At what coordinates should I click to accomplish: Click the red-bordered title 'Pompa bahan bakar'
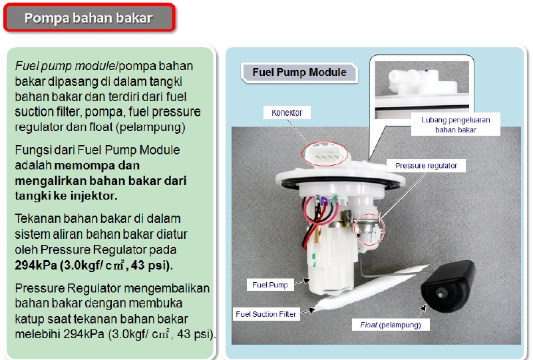(89, 18)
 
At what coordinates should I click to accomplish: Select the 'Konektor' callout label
(287, 113)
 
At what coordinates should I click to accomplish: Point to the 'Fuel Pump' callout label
(269, 285)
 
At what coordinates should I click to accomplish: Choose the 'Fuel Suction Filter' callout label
(266, 313)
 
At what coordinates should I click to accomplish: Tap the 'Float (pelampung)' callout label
(390, 325)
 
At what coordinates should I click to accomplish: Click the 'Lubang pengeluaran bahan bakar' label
(455, 125)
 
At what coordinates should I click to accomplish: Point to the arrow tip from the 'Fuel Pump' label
(309, 280)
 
